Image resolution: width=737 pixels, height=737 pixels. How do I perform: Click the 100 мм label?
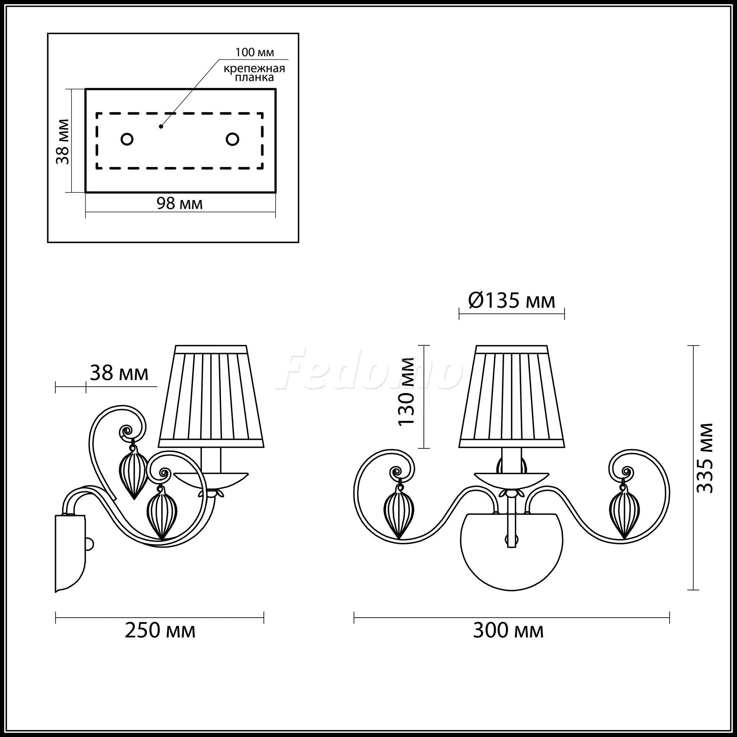254,52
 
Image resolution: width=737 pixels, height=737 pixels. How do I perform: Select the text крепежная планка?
254,73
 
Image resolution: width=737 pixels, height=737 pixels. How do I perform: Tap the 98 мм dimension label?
180,204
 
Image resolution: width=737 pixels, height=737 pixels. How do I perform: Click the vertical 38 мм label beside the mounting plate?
63,142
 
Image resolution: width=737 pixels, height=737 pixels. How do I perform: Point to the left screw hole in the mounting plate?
127,139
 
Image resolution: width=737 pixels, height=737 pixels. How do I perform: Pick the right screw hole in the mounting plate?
232,139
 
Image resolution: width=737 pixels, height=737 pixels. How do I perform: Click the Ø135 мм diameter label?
511,301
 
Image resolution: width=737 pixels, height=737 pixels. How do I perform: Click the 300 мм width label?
508,630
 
